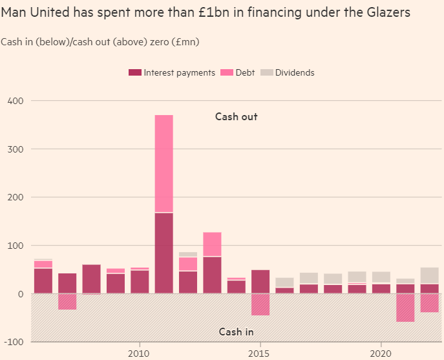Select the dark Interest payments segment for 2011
(x=164, y=253)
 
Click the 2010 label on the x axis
(x=139, y=353)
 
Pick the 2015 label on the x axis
(x=260, y=353)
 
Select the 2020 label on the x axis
(x=381, y=353)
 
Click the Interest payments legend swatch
(x=134, y=73)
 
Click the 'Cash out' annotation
(x=237, y=117)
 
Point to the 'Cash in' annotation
(x=236, y=332)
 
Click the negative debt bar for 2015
(x=260, y=304)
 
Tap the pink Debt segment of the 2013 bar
(x=212, y=244)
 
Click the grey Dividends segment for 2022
(x=429, y=276)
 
